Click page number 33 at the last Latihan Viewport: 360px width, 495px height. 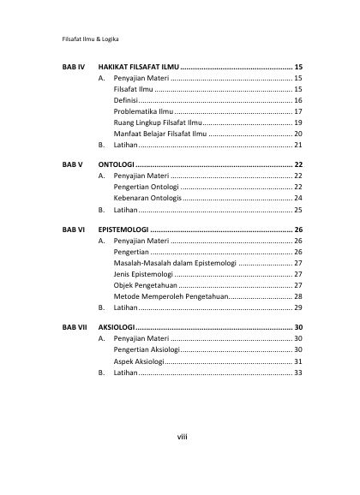(x=297, y=373)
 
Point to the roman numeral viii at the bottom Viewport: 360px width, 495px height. (x=182, y=438)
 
